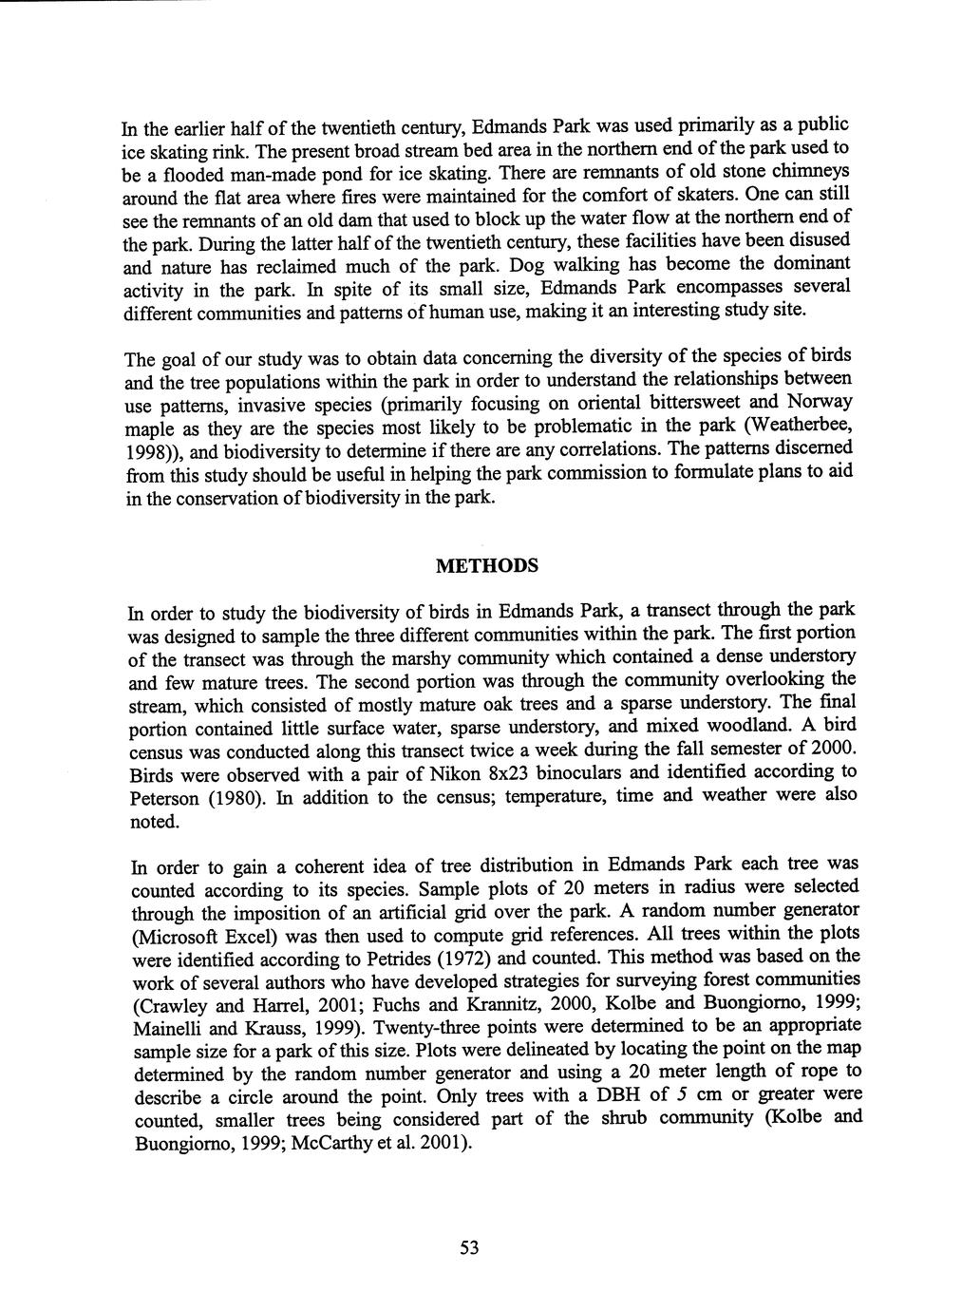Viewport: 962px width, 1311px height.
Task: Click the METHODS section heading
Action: [x=486, y=566]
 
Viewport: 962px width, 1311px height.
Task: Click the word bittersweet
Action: [x=697, y=403]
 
